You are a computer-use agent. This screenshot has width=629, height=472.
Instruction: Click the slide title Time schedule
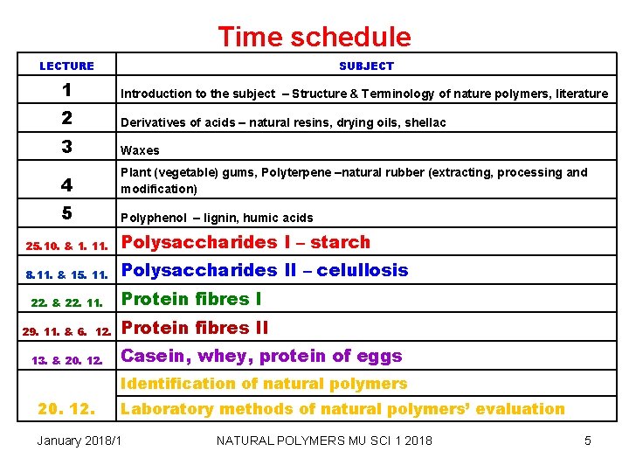point(314,37)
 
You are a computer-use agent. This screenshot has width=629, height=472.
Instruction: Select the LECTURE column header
point(66,66)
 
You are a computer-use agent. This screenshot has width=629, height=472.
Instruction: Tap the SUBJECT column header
point(366,66)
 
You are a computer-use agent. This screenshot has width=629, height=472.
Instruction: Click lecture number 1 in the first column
point(66,91)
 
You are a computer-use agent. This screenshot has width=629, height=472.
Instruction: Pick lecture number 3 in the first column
point(66,147)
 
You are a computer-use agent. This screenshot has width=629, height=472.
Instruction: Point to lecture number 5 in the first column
point(66,212)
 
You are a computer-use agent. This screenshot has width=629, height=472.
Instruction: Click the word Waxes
point(140,150)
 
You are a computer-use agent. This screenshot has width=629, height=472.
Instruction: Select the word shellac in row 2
point(425,122)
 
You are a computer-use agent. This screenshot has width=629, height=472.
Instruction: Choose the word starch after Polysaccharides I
point(340,242)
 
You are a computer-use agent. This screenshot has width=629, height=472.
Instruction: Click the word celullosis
point(362,270)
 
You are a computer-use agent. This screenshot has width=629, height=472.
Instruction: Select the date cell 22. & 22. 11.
point(66,303)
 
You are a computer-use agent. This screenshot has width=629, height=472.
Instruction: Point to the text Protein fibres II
point(194,328)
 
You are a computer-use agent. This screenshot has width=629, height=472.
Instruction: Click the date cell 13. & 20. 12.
point(66,360)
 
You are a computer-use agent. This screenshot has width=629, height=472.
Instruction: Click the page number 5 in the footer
point(587,441)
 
